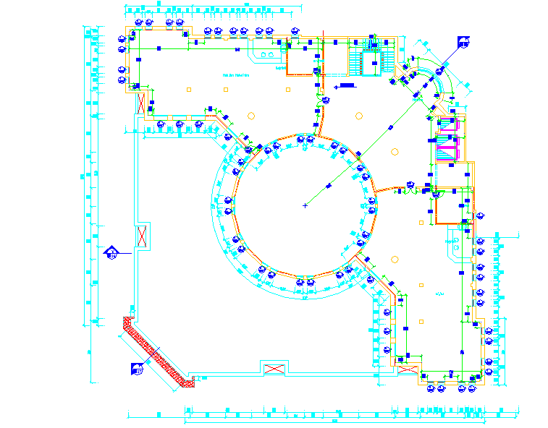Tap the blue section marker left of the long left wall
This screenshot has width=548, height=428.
112,252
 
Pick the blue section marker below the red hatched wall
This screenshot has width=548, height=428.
137,369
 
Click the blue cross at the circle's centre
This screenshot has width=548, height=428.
305,206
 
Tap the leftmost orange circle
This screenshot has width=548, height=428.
251,115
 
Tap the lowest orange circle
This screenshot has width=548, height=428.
395,259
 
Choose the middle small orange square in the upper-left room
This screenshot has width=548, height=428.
227,90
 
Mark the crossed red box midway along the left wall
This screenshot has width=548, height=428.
142,236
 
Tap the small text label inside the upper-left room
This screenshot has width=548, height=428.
236,74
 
